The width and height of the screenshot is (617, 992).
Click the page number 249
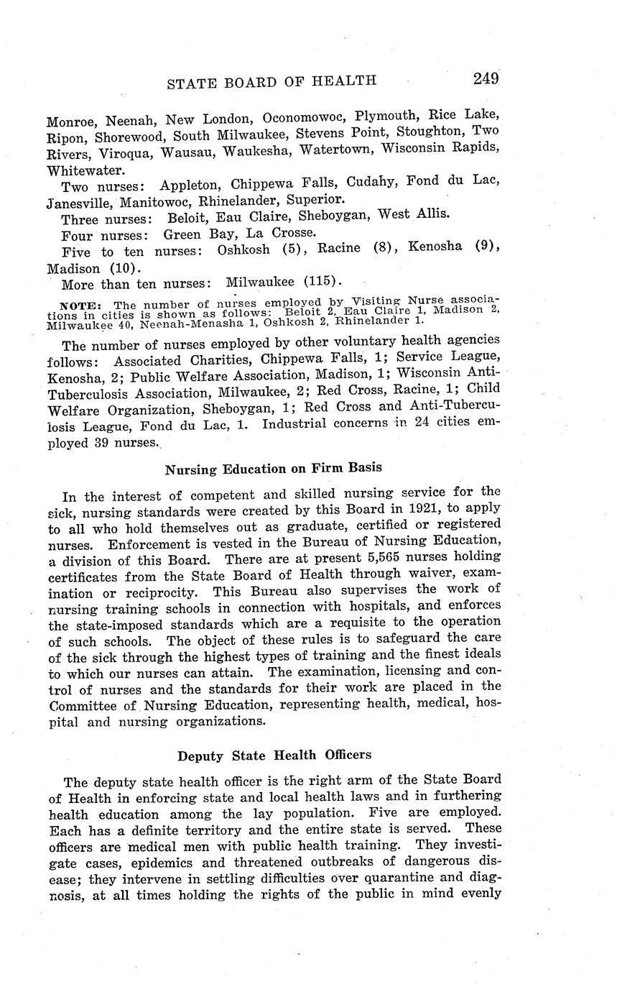[x=486, y=78]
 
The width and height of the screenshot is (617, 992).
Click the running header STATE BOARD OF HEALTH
[x=271, y=81]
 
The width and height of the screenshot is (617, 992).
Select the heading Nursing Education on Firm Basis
[x=273, y=469]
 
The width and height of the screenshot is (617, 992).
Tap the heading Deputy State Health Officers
[x=274, y=756]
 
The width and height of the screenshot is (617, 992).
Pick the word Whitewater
[x=85, y=170]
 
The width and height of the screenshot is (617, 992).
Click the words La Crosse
[x=281, y=234]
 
